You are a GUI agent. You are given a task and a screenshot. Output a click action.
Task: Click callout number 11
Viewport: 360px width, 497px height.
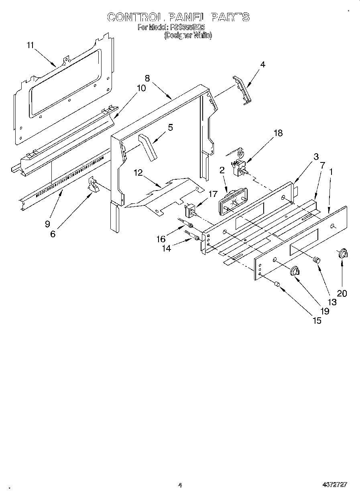tap(31, 45)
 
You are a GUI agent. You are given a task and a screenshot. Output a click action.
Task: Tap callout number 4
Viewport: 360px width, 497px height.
tap(262, 64)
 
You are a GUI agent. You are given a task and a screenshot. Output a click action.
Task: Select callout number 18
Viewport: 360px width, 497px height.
tap(278, 133)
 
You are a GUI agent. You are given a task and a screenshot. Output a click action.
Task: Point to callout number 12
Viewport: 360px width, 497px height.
tap(138, 172)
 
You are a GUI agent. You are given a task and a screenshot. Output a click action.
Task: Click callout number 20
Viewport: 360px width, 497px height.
tap(342, 293)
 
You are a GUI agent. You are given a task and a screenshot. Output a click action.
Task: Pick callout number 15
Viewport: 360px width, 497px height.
tap(317, 320)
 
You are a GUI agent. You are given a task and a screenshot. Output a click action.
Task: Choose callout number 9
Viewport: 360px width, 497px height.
tap(48, 224)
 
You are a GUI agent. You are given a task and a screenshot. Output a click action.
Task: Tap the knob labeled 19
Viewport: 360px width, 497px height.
tap(295, 271)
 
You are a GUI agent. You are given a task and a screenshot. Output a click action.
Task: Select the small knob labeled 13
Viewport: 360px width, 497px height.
tap(317, 260)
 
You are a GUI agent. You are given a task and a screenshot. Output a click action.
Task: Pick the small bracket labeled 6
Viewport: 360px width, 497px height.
tap(94, 186)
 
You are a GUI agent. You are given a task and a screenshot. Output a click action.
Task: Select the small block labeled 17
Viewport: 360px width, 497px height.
tap(190, 211)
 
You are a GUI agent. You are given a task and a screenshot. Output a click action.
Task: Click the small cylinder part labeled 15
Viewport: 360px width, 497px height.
tap(277, 284)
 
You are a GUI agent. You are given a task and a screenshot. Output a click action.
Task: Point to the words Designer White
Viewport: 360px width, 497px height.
tap(188, 35)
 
